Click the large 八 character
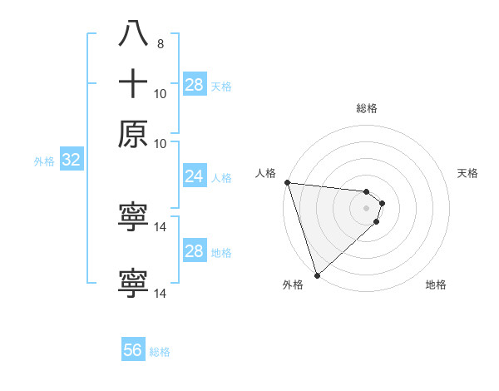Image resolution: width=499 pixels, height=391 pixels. click(133, 34)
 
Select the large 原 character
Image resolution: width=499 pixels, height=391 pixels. click(133, 134)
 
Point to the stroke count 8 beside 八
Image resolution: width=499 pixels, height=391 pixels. click(161, 43)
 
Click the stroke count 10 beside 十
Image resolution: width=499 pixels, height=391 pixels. click(161, 93)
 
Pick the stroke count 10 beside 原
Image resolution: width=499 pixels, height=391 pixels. click(161, 143)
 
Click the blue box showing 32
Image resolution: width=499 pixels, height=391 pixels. click(71, 161)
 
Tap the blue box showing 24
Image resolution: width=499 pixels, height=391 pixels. click(194, 176)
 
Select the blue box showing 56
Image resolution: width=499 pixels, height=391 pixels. click(133, 350)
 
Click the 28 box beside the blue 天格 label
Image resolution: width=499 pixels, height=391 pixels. click(194, 85)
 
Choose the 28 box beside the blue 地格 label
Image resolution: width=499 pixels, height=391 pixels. click(194, 251)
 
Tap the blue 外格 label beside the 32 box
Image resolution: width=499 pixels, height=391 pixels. click(44, 161)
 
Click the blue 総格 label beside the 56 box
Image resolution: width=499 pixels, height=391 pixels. click(160, 351)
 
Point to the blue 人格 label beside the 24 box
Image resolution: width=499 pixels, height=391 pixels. click(221, 177)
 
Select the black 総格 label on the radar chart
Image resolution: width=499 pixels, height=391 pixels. click(367, 108)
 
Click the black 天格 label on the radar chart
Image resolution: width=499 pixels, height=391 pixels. click(468, 173)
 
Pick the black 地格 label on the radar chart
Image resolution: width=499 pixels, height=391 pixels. click(436, 285)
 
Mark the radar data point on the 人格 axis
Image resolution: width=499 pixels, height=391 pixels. click(287, 182)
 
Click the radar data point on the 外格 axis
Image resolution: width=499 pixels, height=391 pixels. click(317, 275)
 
